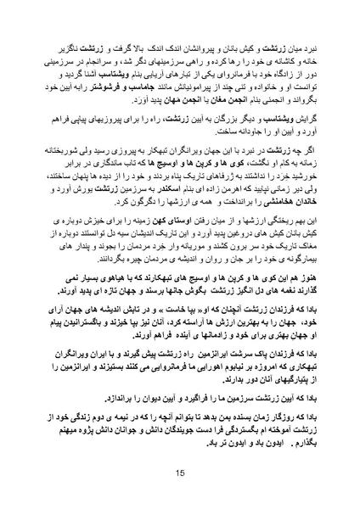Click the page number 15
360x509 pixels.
pos(180,473)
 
